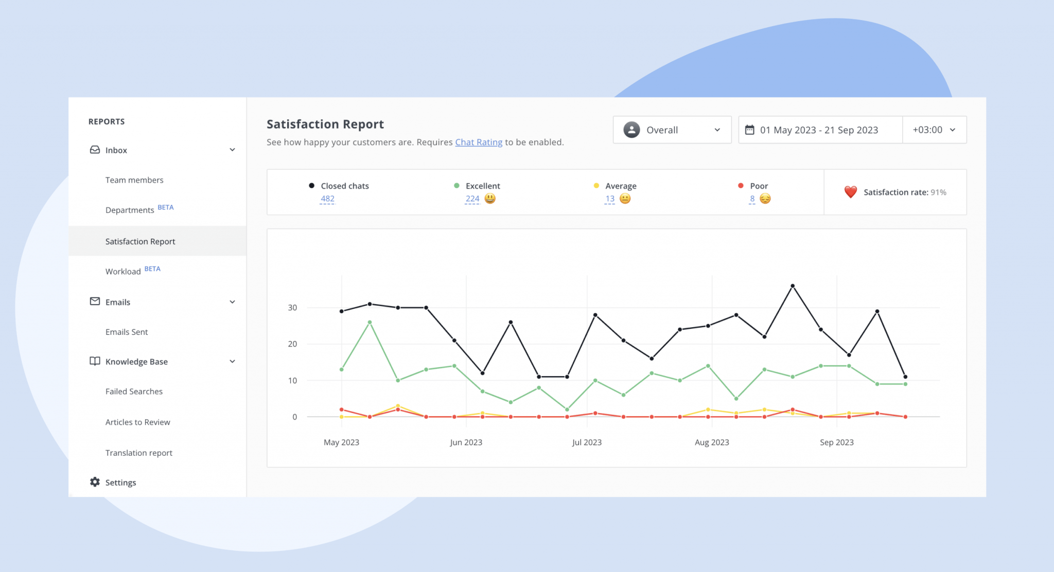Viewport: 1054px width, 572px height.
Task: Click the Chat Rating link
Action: pos(479,142)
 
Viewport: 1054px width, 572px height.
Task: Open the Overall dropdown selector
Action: pos(672,130)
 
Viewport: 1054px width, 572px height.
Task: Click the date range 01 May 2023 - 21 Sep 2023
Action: pos(819,130)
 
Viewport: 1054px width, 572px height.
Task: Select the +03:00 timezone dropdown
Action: pos(934,130)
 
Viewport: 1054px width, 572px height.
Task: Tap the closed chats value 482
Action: pos(327,199)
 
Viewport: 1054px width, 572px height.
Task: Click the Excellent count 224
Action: pos(472,199)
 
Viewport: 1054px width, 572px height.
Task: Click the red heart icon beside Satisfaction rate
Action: pos(850,192)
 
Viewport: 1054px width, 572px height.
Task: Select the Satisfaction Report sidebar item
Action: pos(140,241)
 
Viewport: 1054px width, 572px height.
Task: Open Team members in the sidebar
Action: pos(134,180)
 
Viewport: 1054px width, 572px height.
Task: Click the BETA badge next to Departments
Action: pos(166,207)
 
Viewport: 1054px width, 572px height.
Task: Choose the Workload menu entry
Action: pos(123,271)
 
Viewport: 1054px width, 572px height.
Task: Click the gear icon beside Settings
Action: pos(95,482)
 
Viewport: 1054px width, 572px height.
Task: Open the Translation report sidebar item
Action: pos(139,453)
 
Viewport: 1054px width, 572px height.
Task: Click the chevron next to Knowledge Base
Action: pos(232,362)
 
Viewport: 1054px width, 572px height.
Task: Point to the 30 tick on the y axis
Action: pos(292,308)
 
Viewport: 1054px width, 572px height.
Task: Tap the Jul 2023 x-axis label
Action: pos(587,442)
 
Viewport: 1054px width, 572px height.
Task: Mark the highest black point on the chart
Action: pos(793,286)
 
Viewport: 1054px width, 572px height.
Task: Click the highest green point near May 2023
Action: pos(370,323)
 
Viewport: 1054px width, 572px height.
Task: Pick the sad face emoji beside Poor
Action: pos(765,199)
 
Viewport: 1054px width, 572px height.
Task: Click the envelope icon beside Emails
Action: pos(95,301)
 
